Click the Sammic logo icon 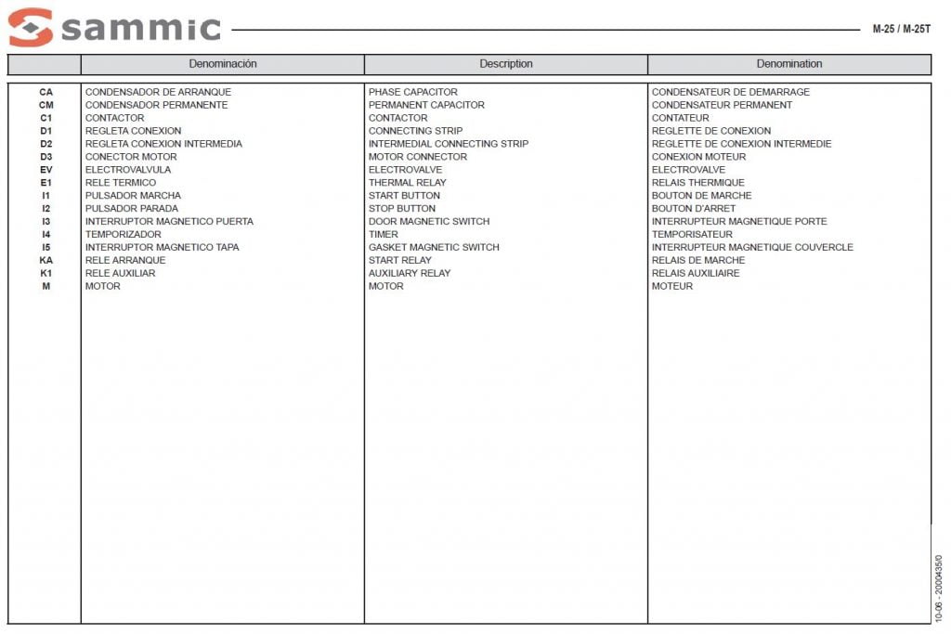click(x=31, y=27)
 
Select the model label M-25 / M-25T click(x=901, y=29)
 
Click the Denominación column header click(x=223, y=64)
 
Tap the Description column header click(x=506, y=64)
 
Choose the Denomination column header click(x=789, y=64)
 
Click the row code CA click(x=46, y=92)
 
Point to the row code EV click(x=46, y=170)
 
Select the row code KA click(x=46, y=260)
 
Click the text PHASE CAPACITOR click(x=413, y=92)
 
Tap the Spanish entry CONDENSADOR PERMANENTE click(x=156, y=105)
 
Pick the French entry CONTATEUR click(x=681, y=118)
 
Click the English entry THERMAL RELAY click(x=408, y=183)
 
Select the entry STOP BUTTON click(x=402, y=209)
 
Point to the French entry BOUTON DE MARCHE click(x=702, y=196)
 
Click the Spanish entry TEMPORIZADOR click(x=124, y=235)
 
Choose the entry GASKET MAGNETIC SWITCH click(x=434, y=248)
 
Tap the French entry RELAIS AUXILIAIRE click(x=696, y=273)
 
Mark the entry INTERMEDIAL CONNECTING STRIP click(x=449, y=144)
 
